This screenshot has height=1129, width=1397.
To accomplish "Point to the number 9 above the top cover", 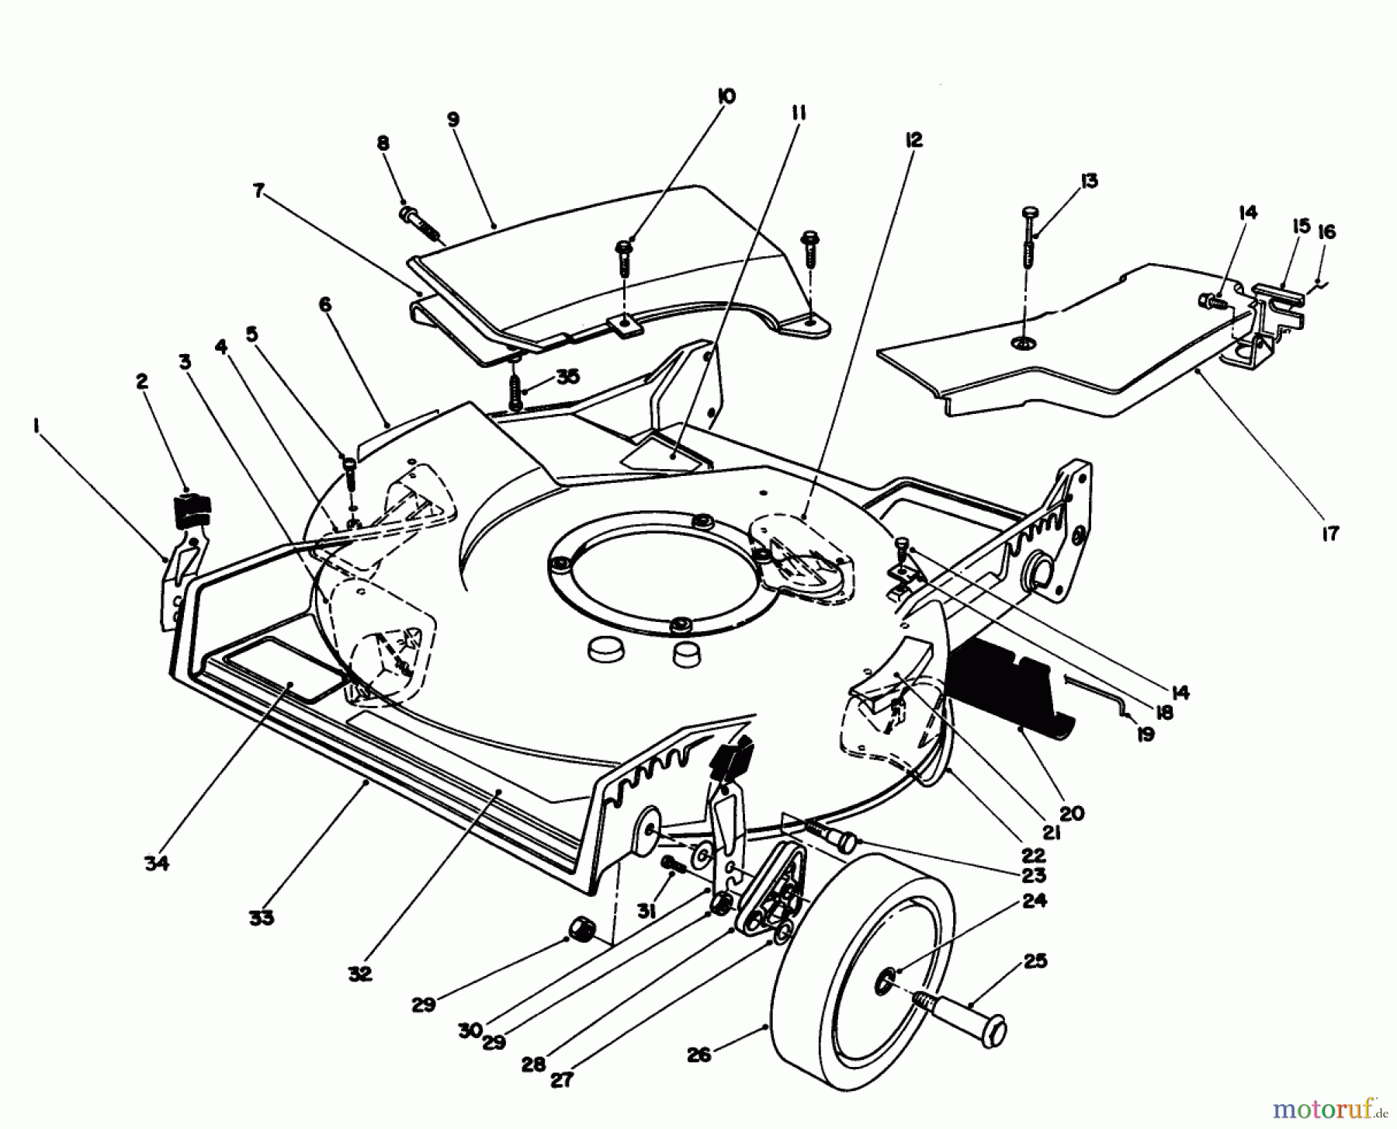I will pos(453,119).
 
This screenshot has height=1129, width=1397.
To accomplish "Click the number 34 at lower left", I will pos(156,862).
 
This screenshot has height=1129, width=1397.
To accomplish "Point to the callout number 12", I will pos(913,140).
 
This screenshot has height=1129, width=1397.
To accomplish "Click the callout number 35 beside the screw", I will pos(568,377).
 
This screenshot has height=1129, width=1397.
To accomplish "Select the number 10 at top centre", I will pos(726,96).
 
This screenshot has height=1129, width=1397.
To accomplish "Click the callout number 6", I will pos(324,304).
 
